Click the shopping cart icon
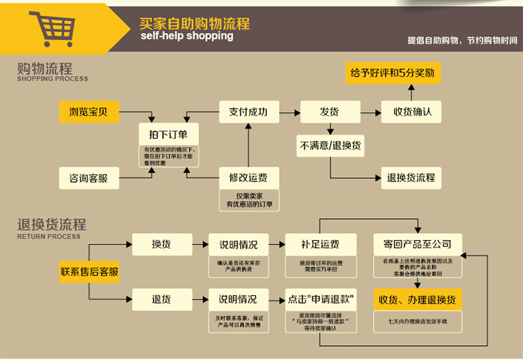(52, 28)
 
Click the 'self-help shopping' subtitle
(186, 36)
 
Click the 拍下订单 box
(168, 133)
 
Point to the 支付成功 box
(248, 111)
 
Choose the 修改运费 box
(248, 177)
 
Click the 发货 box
(328, 111)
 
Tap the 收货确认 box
(412, 111)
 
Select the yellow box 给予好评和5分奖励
(394, 73)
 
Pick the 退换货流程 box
(411, 177)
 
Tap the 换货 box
(161, 244)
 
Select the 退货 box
(161, 299)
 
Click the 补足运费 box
(320, 244)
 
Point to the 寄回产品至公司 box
(417, 244)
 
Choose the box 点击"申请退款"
(320, 299)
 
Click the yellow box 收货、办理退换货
(417, 299)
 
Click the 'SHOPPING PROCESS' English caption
(52, 79)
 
